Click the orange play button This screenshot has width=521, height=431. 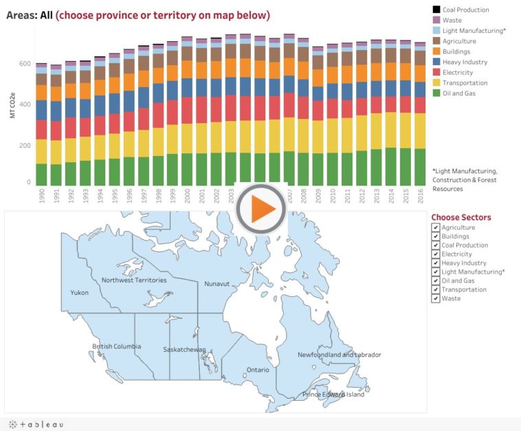(x=261, y=208)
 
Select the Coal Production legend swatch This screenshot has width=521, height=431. (x=436, y=10)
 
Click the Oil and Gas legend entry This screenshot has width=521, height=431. (x=458, y=93)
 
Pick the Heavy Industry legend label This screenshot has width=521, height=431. (x=465, y=62)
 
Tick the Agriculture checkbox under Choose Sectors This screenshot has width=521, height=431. (x=435, y=228)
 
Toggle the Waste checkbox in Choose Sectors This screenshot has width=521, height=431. (x=435, y=298)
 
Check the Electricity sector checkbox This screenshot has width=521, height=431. (x=435, y=254)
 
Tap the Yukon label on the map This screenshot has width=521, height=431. (x=80, y=293)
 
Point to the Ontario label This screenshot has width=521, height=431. (x=258, y=370)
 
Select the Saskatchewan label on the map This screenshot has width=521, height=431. (x=184, y=350)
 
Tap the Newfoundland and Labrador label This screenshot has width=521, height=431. (x=339, y=355)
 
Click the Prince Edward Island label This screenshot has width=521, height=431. (x=333, y=395)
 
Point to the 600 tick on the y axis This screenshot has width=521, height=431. (x=25, y=64)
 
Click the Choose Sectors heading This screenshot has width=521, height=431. (x=461, y=217)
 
